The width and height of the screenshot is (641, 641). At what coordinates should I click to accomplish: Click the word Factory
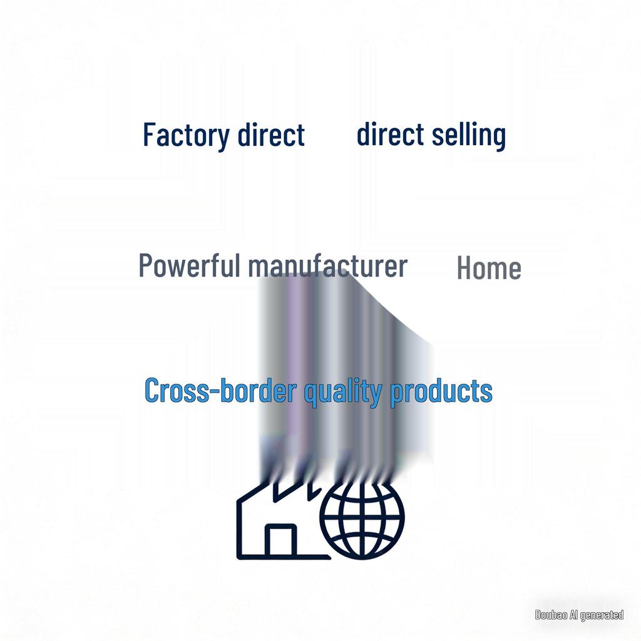coord(187,135)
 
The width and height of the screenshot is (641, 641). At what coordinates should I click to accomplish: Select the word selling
coord(469,135)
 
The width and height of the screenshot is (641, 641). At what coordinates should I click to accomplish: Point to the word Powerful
coord(189,265)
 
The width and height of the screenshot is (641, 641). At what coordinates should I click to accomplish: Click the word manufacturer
coord(328,266)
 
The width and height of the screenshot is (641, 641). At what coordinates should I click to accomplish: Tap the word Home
coord(489,268)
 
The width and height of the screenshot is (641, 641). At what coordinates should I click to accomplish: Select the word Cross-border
coord(220,390)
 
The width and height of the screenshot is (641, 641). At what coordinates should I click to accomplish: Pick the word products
coord(441,392)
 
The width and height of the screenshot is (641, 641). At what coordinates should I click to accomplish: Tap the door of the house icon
coord(281,540)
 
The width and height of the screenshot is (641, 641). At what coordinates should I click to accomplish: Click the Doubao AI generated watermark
coord(579,615)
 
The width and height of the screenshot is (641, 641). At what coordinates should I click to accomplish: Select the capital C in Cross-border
coord(151,390)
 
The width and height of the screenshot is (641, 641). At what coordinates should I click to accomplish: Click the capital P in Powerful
coord(146,265)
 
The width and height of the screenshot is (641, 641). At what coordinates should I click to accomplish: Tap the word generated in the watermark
coord(602,615)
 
